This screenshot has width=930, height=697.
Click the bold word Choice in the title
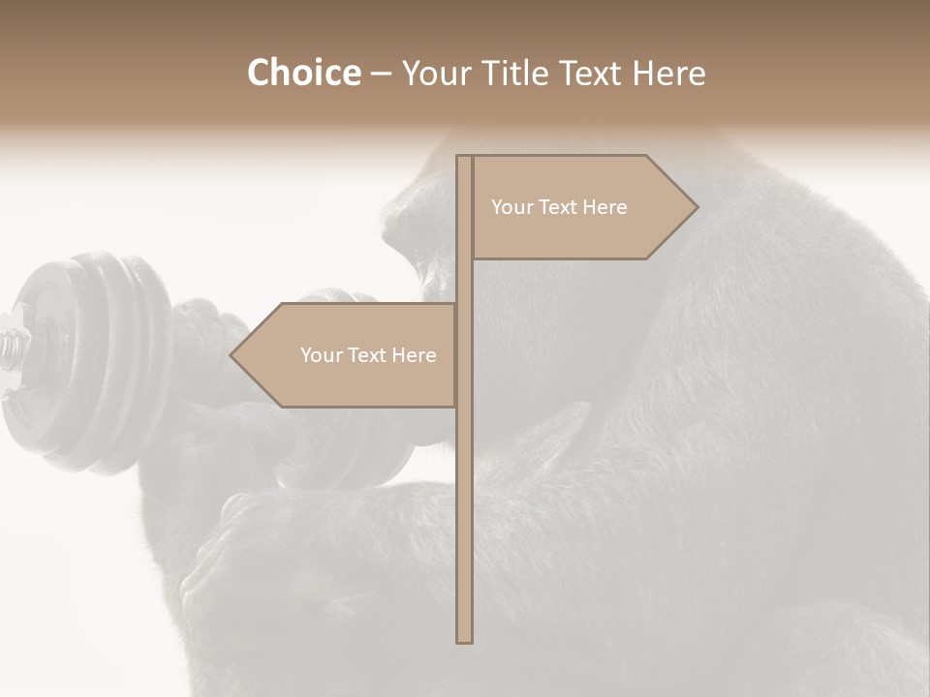coord(303,73)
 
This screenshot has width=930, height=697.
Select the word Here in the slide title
coord(667,73)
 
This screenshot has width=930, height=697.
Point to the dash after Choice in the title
coord(381,74)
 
